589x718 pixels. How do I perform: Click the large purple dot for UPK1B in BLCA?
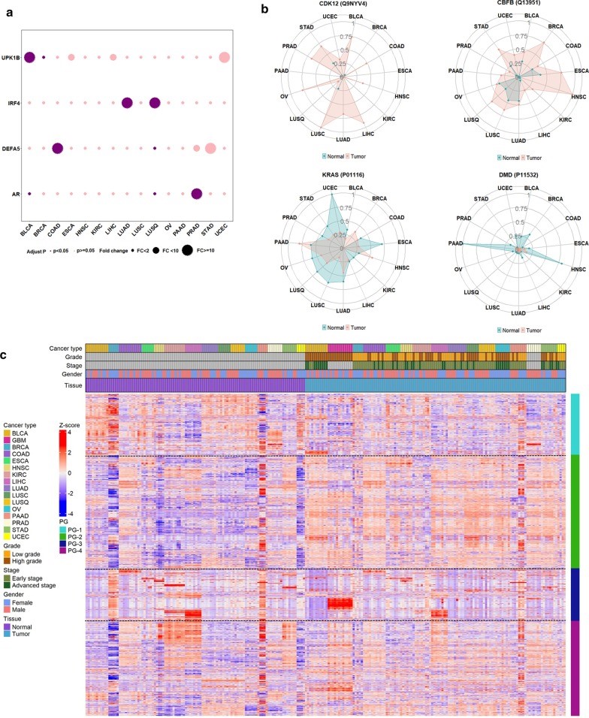pos(30,57)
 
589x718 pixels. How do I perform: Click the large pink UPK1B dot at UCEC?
pos(225,57)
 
